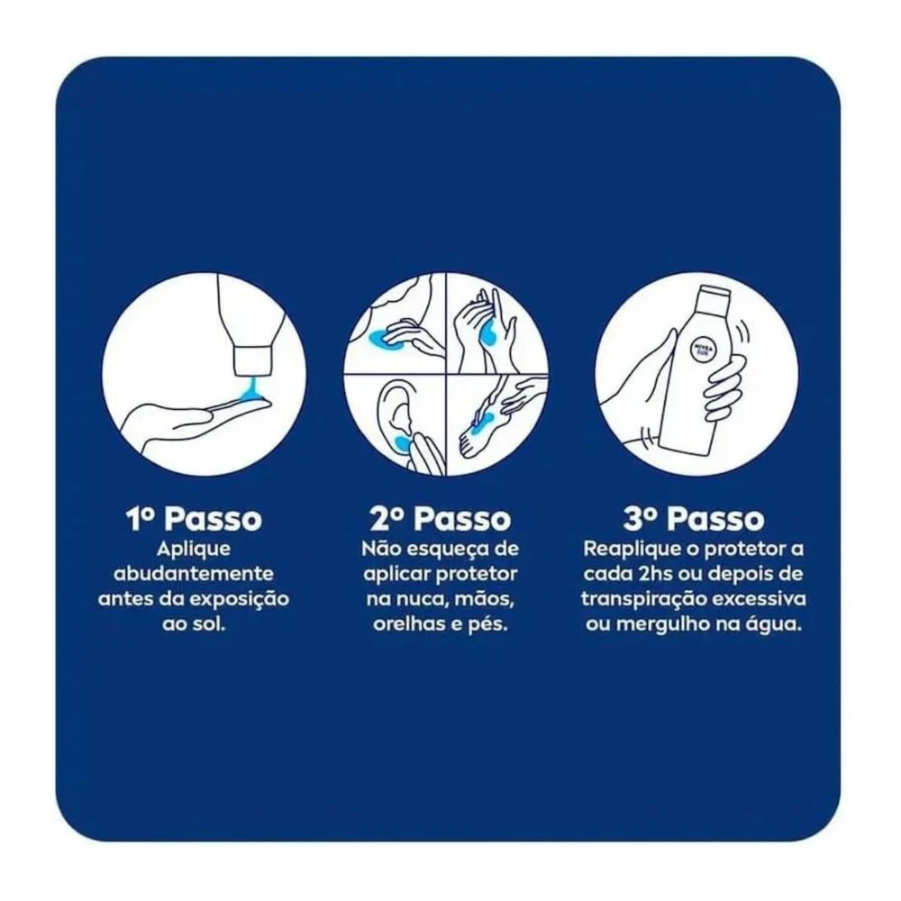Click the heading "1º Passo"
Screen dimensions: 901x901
point(194,518)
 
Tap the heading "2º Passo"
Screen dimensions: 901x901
point(441,518)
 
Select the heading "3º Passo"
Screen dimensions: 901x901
point(694,518)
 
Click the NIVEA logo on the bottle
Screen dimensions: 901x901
point(702,349)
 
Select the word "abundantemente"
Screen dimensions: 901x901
point(194,573)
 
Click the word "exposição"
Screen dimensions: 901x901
point(239,599)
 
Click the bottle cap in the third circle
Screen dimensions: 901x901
point(714,295)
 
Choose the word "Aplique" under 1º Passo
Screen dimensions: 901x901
point(194,550)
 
